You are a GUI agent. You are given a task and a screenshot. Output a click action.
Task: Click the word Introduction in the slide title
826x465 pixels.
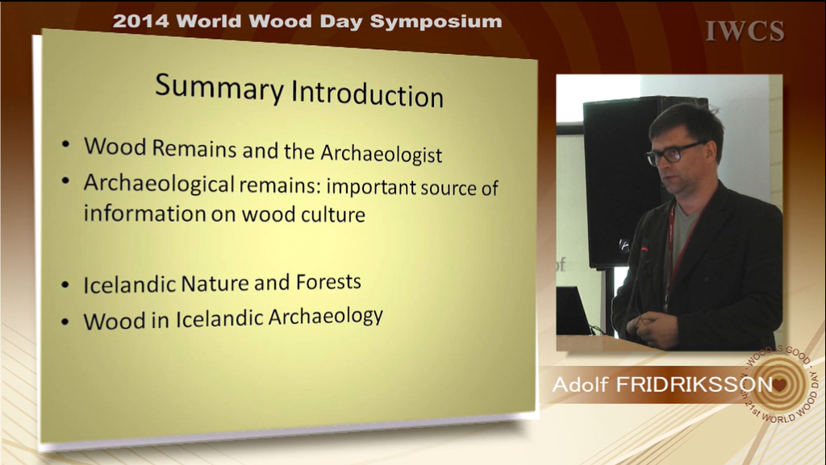pos(368,94)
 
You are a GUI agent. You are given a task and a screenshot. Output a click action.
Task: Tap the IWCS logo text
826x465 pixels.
pos(745,31)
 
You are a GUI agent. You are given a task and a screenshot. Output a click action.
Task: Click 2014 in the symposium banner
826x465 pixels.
pos(140,21)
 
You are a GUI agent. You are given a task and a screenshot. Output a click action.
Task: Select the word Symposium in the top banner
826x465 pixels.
pos(436,22)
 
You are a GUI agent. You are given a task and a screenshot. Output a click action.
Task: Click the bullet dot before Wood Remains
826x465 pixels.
pos(65,143)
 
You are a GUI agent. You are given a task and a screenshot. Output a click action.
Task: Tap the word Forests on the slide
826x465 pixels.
pos(328,282)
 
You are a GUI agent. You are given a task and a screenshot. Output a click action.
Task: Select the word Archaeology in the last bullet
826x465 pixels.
pos(326,318)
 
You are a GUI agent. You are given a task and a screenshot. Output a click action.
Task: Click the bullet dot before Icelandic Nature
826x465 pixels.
pos(65,284)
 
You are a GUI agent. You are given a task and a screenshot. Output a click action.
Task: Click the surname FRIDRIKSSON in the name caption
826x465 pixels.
pos(695,384)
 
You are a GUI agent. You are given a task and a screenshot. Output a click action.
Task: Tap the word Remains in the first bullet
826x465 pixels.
pos(194,147)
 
